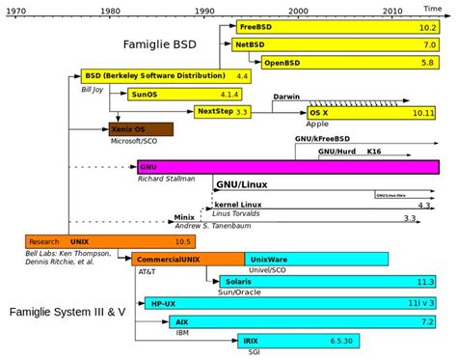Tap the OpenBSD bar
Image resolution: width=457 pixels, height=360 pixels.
tap(347, 62)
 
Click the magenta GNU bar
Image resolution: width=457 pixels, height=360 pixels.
tap(288, 166)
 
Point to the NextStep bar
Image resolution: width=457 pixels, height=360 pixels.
tap(223, 112)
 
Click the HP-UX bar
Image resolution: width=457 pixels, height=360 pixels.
tap(289, 302)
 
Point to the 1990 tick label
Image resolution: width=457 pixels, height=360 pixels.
tap(204, 10)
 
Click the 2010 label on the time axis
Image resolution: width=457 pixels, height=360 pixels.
tap(392, 10)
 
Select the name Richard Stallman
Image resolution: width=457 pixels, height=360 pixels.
tap(166, 179)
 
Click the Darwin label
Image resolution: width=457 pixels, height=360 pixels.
tap(286, 97)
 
